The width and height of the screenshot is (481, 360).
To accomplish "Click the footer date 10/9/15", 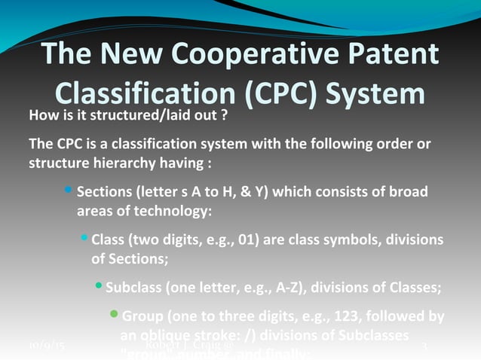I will tap(47, 346).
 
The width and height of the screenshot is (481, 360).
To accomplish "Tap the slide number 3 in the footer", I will tap(424, 346).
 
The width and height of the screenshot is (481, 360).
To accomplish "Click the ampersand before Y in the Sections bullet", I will tap(244, 192).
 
